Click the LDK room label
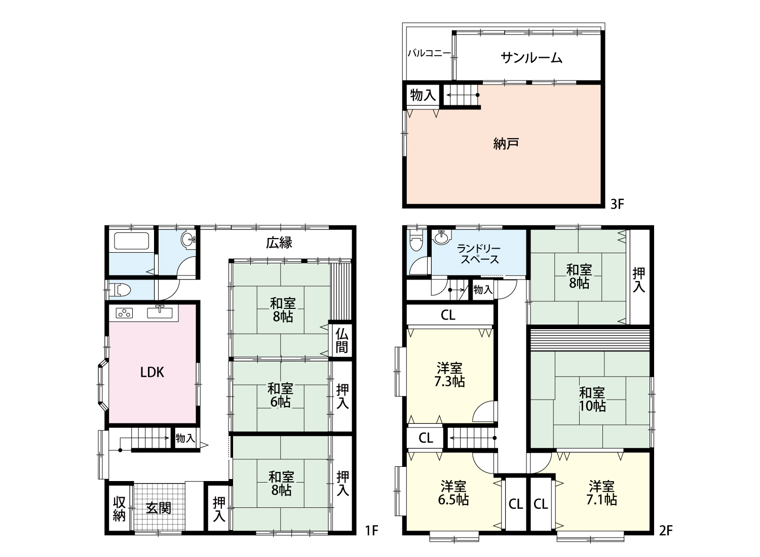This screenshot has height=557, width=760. click(152, 372)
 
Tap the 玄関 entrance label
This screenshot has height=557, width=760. click(159, 508)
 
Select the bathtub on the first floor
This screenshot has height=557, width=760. click(131, 241)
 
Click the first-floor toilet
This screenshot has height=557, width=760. click(122, 290)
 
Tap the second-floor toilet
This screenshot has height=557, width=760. click(414, 240)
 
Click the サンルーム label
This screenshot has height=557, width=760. click(531, 58)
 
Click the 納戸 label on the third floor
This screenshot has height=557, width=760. click(506, 144)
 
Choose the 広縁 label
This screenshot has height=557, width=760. click(279, 243)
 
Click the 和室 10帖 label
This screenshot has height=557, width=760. click(592, 399)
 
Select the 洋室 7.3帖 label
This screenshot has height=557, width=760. click(449, 375)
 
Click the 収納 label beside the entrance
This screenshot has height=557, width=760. click(119, 509)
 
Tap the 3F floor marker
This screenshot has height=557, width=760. click(617, 204)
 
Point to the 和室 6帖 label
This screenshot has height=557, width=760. click(281, 395)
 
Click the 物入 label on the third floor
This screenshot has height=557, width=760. click(423, 95)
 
